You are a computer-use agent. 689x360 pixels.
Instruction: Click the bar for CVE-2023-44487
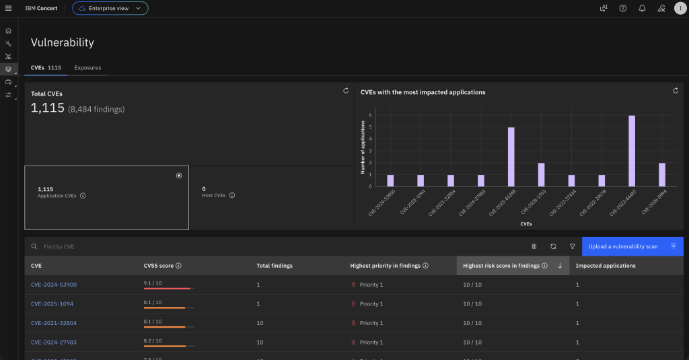(x=632, y=151)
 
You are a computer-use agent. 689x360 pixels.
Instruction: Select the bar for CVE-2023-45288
(x=511, y=157)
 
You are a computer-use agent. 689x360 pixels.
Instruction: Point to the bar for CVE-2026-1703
(x=541, y=175)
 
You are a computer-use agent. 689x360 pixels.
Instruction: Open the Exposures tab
(x=87, y=67)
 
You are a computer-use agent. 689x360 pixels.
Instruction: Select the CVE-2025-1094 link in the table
(x=52, y=303)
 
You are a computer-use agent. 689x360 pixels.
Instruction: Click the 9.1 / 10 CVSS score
(x=153, y=283)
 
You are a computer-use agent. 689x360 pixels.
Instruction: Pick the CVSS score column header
(x=159, y=266)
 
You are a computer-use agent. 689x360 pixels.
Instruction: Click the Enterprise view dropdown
(x=110, y=8)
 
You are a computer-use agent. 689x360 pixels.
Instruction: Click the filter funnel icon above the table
(x=572, y=246)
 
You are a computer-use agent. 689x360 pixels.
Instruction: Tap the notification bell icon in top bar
(x=642, y=8)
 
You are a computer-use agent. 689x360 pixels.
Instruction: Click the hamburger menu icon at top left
(x=8, y=8)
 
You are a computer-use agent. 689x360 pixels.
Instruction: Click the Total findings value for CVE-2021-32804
(x=260, y=323)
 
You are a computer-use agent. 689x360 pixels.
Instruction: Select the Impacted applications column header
(x=606, y=266)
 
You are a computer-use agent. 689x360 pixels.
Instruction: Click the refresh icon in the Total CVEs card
(x=345, y=90)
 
